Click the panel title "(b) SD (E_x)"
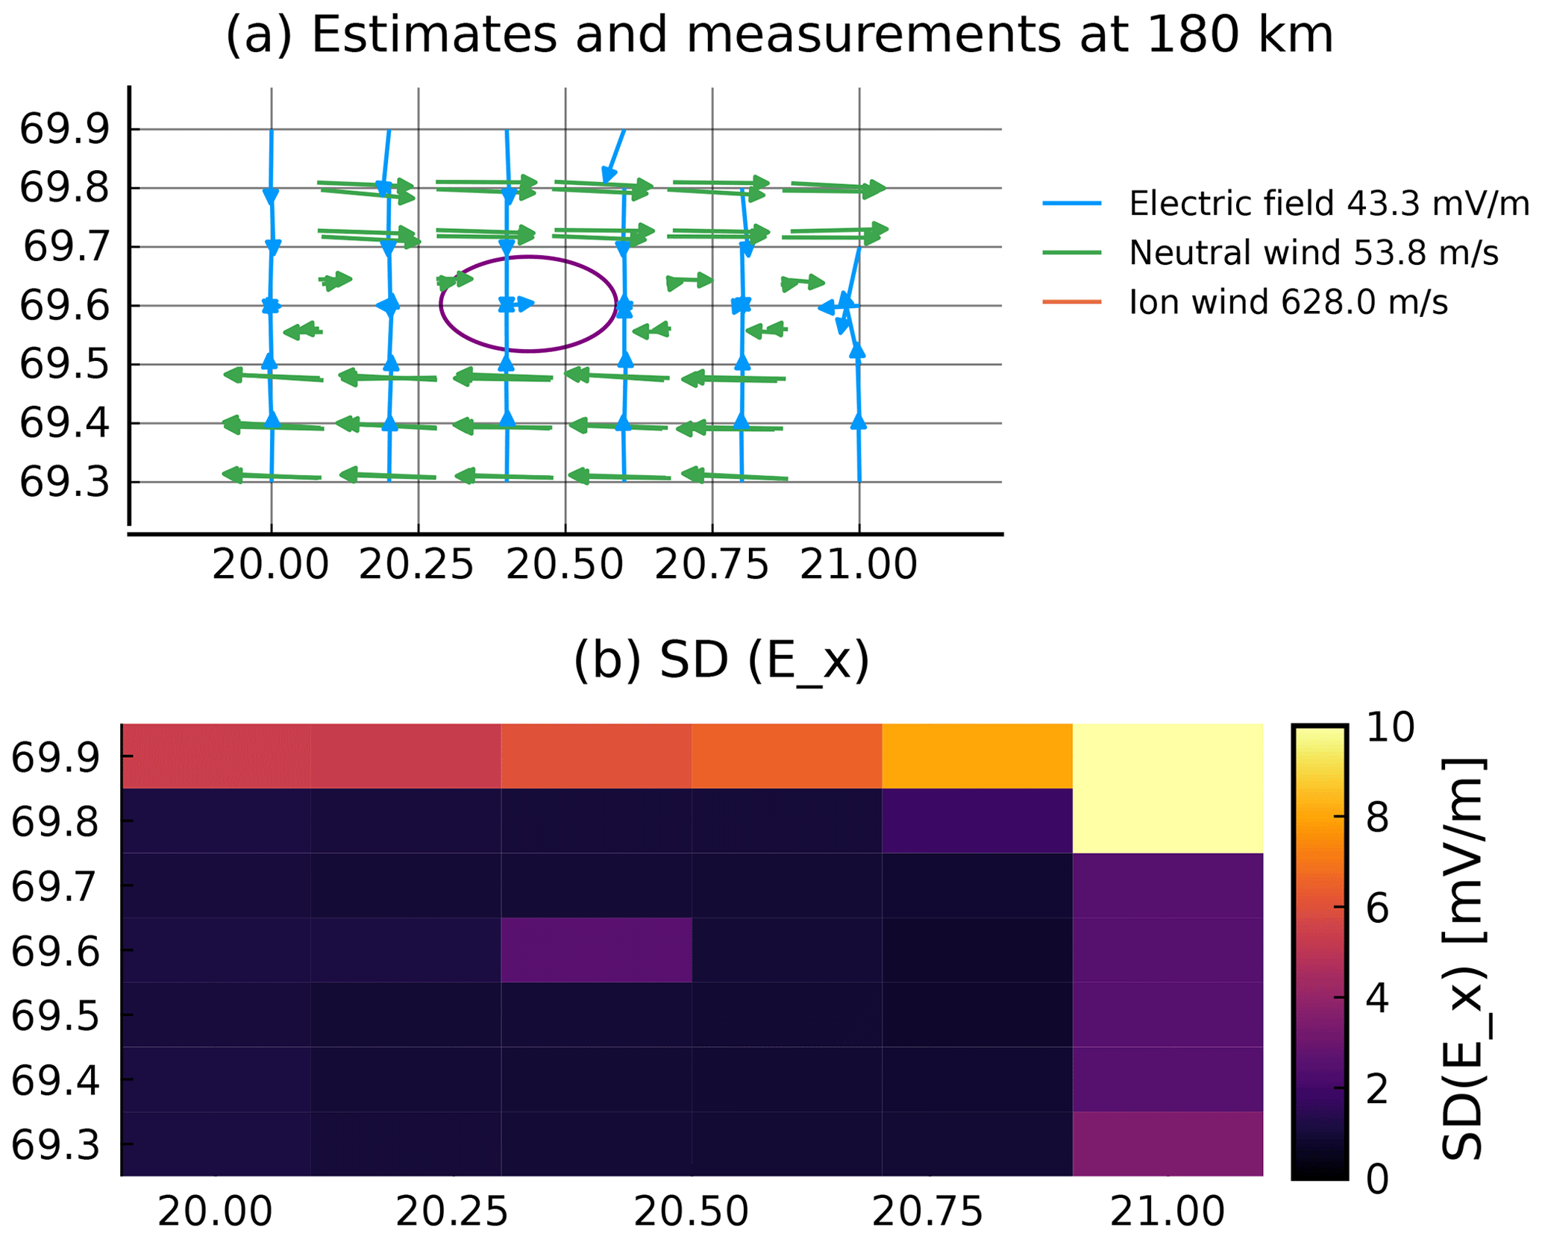721,660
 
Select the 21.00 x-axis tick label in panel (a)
858,565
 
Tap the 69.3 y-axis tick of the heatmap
55,1145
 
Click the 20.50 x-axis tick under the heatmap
691,1212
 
